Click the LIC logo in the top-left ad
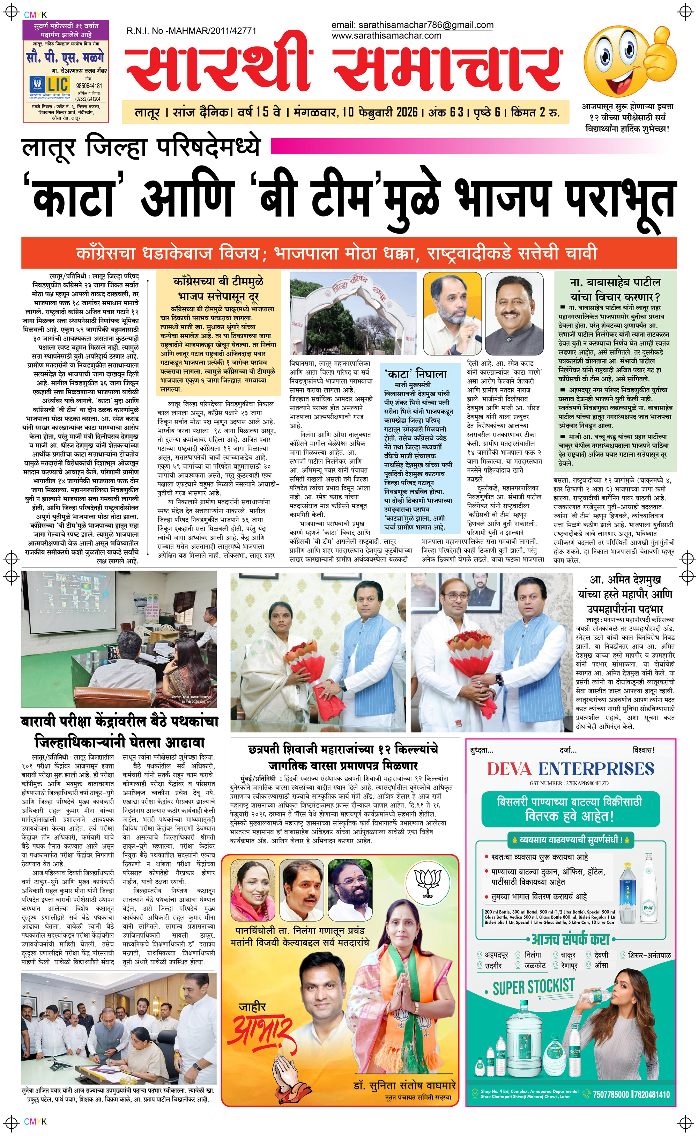[x=50, y=85]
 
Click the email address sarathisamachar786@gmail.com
[x=412, y=25]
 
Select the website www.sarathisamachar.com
[x=386, y=36]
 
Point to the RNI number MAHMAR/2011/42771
[x=191, y=31]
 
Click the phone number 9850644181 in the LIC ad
[x=89, y=86]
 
